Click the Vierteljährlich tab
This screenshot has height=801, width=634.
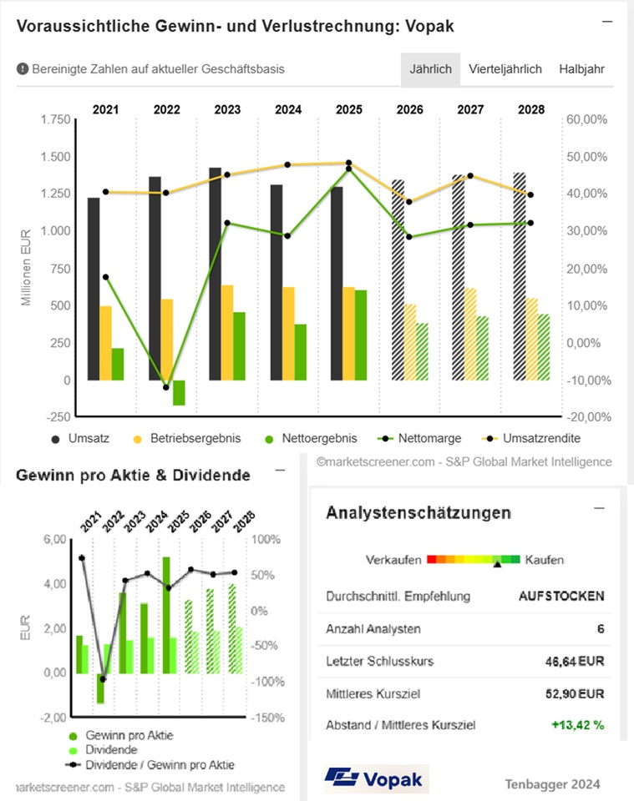click(505, 69)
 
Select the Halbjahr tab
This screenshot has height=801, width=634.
click(582, 69)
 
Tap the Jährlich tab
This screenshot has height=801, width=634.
click(431, 69)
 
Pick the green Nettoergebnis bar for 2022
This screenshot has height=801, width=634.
click(179, 393)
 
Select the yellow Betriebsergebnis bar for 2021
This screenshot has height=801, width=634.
click(105, 343)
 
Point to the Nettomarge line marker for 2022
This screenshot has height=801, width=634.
click(166, 387)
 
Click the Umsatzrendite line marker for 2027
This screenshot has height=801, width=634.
click(470, 176)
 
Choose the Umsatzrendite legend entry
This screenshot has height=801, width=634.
click(540, 438)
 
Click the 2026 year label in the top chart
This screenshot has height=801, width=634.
click(409, 109)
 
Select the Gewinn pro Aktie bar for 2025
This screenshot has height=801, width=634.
click(166, 614)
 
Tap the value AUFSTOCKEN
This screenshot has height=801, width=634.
click(561, 596)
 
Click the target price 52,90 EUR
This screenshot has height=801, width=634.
click(574, 693)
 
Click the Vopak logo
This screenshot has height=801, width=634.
click(375, 779)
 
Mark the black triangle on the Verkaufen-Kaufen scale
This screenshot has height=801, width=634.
click(497, 565)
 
